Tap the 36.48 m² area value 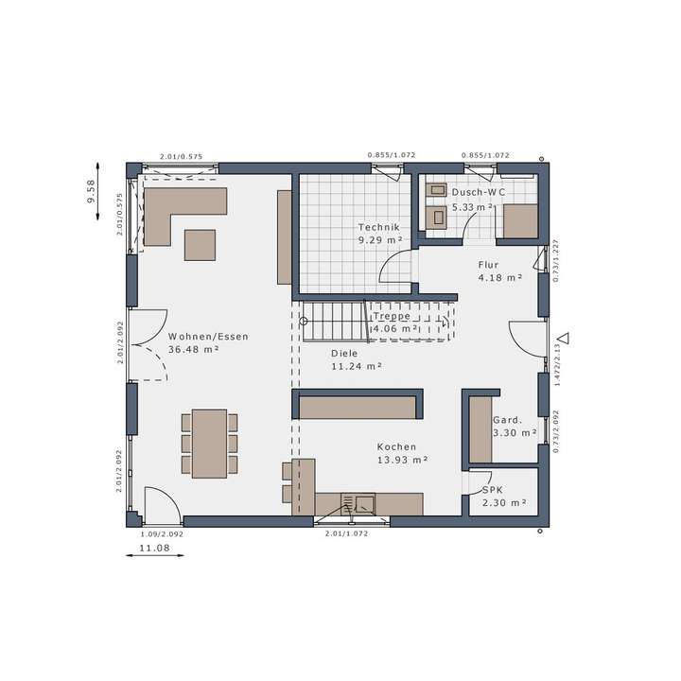coord(194,349)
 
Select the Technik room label coord(379,228)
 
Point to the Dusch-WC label coord(478,192)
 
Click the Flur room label coord(488,265)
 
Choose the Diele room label coord(344,353)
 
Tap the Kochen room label coord(396,446)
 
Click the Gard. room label coord(507,420)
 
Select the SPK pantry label coord(493,490)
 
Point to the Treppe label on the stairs coord(392,316)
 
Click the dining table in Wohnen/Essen coord(209,442)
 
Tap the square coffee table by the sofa coord(200,244)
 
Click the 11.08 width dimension coord(154,548)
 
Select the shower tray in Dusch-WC coord(519,220)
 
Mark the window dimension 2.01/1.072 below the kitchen coord(346,533)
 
